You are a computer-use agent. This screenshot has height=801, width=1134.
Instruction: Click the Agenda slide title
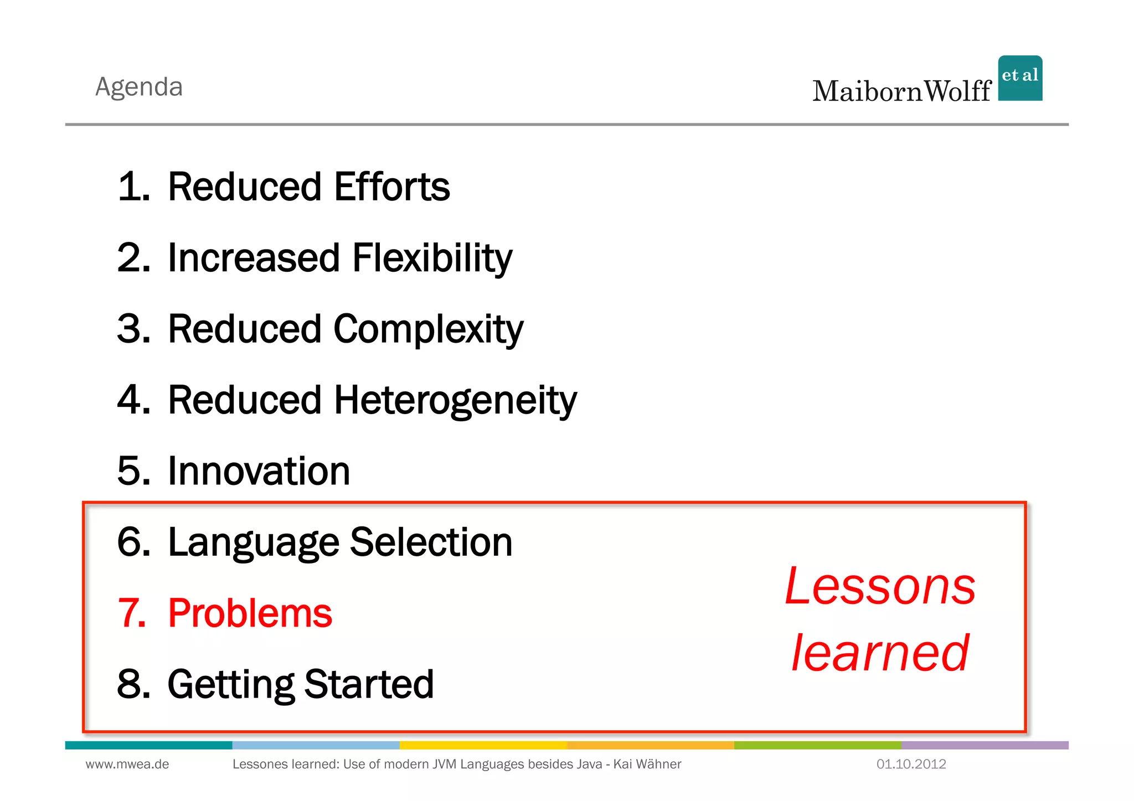(x=139, y=87)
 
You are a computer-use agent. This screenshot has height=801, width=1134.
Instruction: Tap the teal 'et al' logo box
(x=1020, y=78)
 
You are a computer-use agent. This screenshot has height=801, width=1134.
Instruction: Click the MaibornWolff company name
(x=901, y=91)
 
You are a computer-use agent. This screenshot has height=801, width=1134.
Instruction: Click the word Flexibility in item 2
(x=432, y=258)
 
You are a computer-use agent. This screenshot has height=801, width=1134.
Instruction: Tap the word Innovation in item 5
(x=259, y=471)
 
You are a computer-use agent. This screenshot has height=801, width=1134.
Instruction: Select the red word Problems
(x=250, y=613)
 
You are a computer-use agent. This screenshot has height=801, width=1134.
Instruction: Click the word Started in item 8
(x=369, y=684)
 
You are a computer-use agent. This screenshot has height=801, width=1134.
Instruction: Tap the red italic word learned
(x=880, y=653)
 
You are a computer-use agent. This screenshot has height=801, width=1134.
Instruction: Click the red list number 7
(x=132, y=613)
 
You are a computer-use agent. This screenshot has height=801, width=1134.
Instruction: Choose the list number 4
(x=133, y=400)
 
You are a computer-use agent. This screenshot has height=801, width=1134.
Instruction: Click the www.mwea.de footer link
(x=127, y=764)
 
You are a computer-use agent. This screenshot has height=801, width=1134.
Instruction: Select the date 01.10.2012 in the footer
(x=911, y=764)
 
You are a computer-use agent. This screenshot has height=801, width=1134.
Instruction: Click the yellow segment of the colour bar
(x=483, y=745)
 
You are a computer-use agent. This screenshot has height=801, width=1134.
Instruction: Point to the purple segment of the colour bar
(x=984, y=745)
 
